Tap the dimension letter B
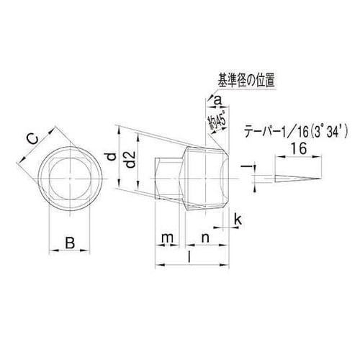point(70,243)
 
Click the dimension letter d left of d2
point(109,157)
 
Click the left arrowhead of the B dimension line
point(51,251)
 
